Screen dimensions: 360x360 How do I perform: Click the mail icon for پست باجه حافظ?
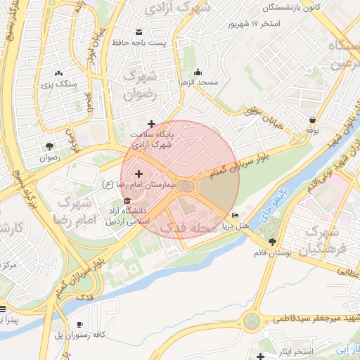[x=139, y=32]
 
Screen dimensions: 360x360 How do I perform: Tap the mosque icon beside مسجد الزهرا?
[x=198, y=72]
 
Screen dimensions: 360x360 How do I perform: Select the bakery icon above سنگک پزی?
[x=58, y=72]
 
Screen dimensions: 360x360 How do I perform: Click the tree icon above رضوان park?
[x=49, y=146]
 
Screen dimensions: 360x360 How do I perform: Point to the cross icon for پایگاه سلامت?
[x=151, y=124]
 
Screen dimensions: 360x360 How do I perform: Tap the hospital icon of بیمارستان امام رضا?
[x=138, y=174]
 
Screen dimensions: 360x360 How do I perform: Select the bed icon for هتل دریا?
[x=235, y=215]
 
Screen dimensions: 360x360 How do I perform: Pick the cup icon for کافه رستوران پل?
[x=79, y=324]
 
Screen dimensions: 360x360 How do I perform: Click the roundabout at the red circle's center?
[x=185, y=186]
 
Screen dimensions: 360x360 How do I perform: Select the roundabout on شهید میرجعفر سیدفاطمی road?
[x=250, y=322]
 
